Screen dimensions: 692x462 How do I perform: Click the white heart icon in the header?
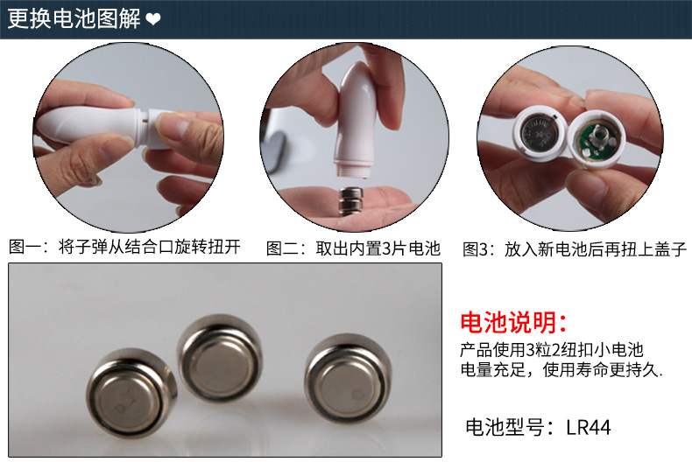click(153, 19)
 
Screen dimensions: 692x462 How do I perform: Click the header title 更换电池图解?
click(74, 18)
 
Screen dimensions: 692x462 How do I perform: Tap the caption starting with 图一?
click(124, 247)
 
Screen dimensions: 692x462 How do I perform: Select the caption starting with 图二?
click(353, 248)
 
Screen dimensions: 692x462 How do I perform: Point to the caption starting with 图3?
click(575, 249)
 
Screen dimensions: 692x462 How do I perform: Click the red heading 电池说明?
click(512, 322)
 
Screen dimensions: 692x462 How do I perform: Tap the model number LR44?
click(589, 427)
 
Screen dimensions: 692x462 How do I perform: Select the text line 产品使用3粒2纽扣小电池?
click(552, 350)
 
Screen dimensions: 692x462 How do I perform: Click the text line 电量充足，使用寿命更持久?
click(561, 370)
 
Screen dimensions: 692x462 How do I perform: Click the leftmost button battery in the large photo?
click(131, 392)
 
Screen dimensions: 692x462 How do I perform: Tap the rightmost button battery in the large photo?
click(348, 378)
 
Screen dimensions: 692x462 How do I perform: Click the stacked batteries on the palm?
click(351, 201)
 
